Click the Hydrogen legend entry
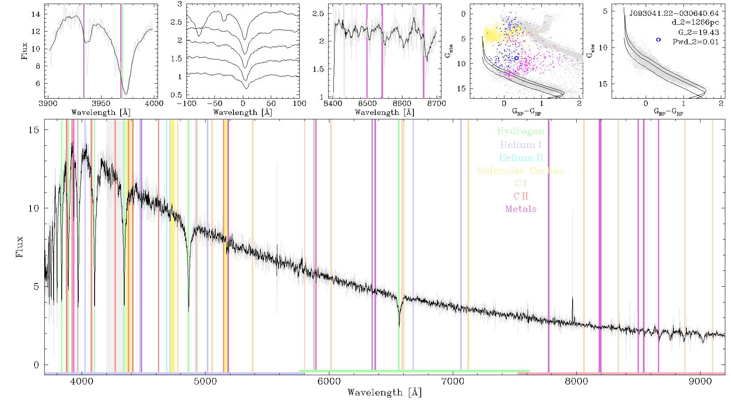point(521,132)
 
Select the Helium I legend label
point(521,145)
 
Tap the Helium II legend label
point(521,158)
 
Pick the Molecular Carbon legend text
point(521,171)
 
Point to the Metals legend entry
point(521,209)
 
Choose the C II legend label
point(521,196)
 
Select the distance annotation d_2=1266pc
point(695,23)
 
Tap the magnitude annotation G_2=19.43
point(699,32)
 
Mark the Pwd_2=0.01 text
point(696,42)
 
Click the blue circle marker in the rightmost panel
point(658,40)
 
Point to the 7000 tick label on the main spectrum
point(452,382)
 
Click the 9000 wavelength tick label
point(700,382)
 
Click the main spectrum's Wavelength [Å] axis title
point(384,393)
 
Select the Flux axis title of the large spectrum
point(19,246)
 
